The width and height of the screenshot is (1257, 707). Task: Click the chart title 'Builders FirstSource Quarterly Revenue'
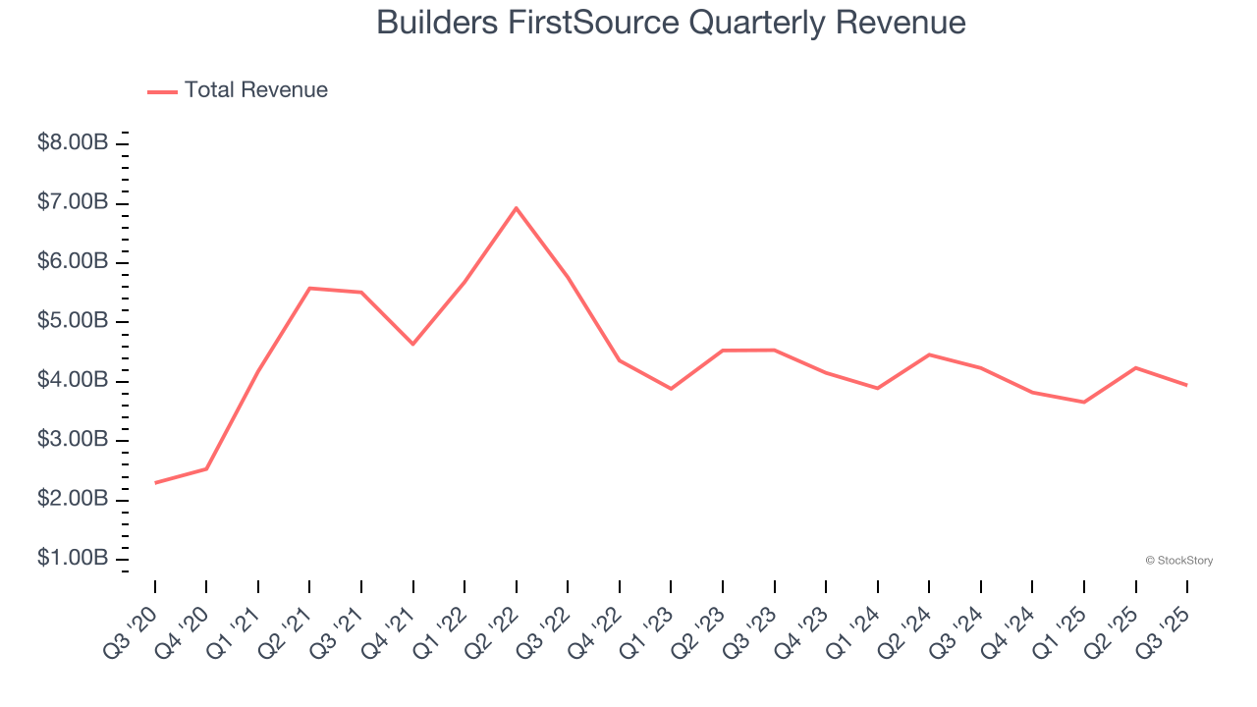[671, 23]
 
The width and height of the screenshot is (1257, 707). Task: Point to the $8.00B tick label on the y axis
[73, 143]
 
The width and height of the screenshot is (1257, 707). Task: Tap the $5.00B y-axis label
[73, 321]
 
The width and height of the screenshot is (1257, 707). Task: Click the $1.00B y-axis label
[73, 559]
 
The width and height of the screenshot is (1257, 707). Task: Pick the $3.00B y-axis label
[73, 440]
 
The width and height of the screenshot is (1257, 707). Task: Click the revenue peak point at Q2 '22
[517, 208]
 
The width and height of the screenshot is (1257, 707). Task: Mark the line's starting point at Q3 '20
[155, 482]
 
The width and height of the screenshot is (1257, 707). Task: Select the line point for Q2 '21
[309, 288]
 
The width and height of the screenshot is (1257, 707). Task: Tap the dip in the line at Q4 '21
[413, 344]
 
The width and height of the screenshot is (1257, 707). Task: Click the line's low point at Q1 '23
[671, 389]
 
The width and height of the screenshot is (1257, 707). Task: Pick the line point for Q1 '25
[1084, 402]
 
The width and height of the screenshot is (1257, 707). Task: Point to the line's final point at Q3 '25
[1187, 385]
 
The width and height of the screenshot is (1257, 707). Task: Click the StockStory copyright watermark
[1178, 561]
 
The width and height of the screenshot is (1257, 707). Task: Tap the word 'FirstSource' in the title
[590, 23]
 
